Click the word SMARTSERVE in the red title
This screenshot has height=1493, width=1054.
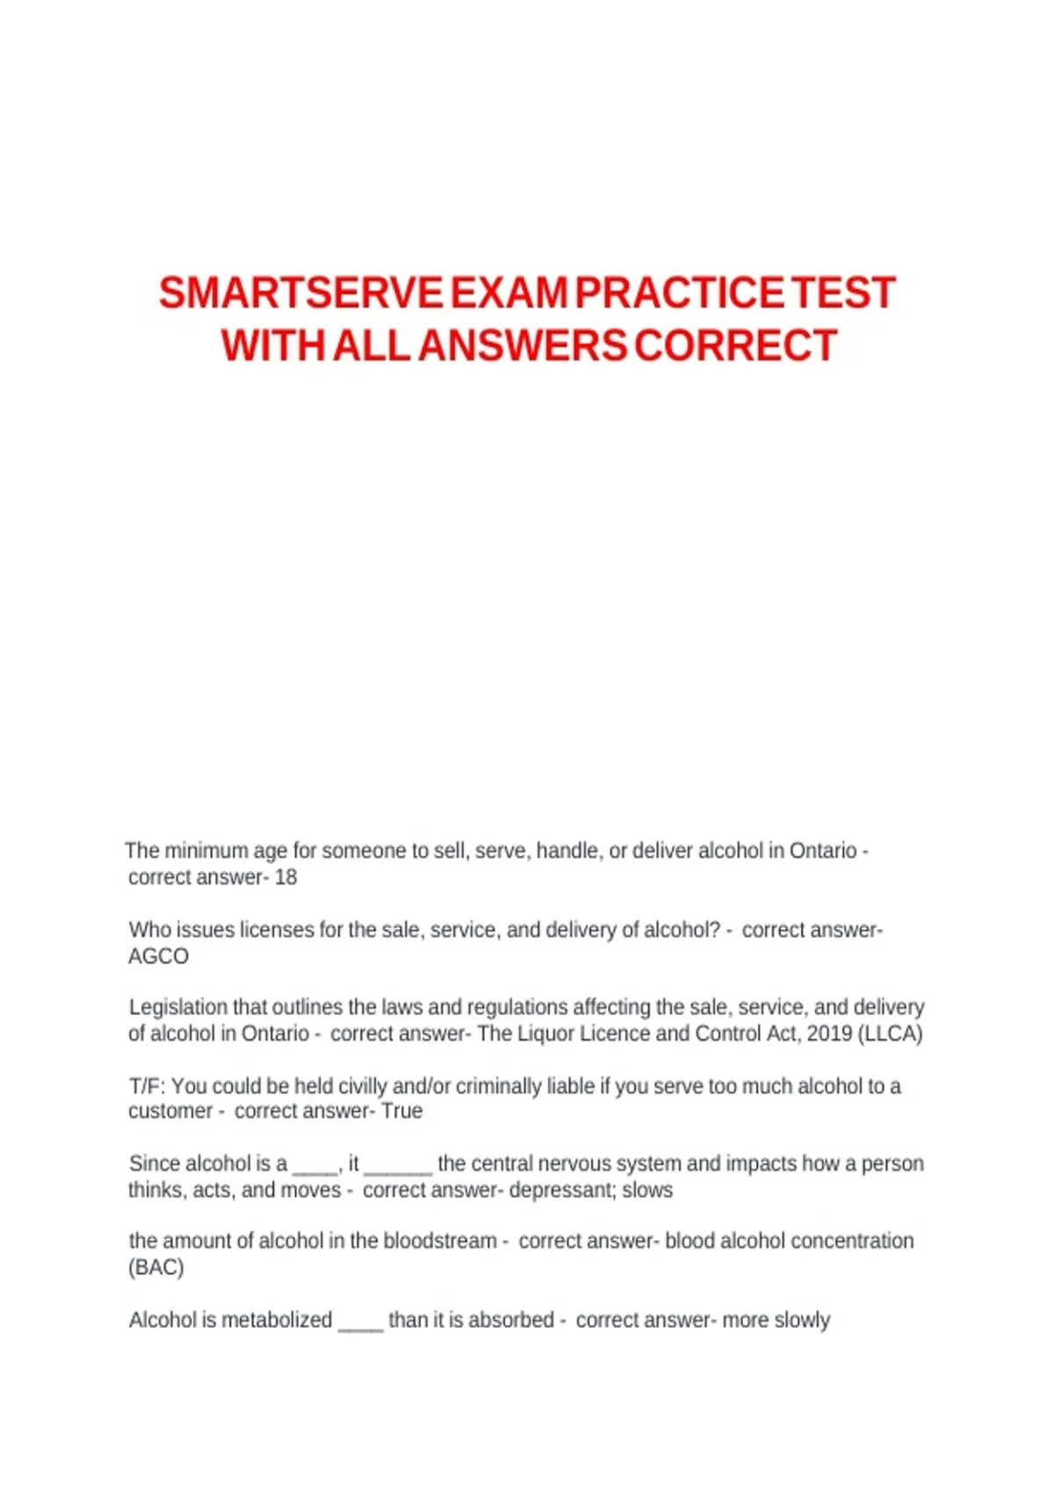click(300, 293)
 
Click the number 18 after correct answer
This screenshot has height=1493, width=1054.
click(285, 877)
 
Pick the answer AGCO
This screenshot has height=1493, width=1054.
click(158, 956)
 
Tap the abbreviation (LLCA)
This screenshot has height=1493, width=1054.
click(891, 1034)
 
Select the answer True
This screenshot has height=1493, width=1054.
click(401, 1111)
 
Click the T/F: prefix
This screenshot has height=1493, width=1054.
click(147, 1086)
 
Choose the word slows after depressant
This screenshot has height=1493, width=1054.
click(647, 1190)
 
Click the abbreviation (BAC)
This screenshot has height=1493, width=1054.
click(156, 1267)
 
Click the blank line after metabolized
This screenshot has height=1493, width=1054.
click(360, 1324)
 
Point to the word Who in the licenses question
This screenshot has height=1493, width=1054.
click(147, 930)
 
